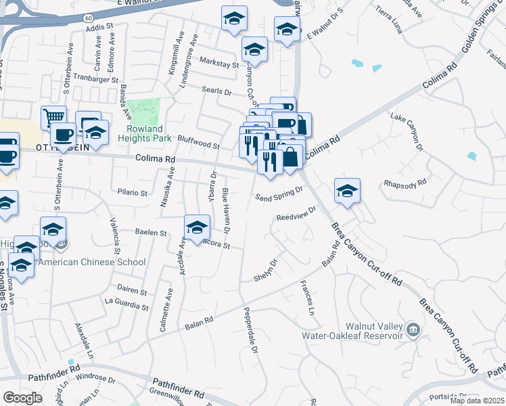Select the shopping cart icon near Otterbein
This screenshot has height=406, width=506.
(x=53, y=118)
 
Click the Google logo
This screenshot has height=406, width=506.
(x=22, y=398)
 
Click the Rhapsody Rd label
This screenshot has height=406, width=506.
(x=405, y=182)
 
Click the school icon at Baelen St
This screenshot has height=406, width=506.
(x=197, y=227)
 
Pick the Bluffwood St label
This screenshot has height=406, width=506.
(x=199, y=141)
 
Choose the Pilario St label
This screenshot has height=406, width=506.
(x=132, y=192)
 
